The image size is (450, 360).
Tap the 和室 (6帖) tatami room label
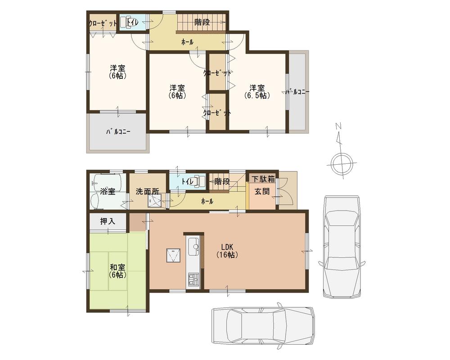tap(117, 270)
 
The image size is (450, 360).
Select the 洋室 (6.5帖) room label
tap(257, 91)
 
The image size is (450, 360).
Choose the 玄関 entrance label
tap(262, 191)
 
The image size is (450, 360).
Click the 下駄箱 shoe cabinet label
tap(263, 179)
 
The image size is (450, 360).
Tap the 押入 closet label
tap(107, 221)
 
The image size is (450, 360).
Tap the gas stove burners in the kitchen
tap(194, 279)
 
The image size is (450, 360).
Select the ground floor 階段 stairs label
tap(222, 182)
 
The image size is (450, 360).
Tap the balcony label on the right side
tap(297, 92)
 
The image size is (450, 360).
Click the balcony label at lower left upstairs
tap(118, 132)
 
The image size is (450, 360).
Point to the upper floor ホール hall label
tap(187, 42)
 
